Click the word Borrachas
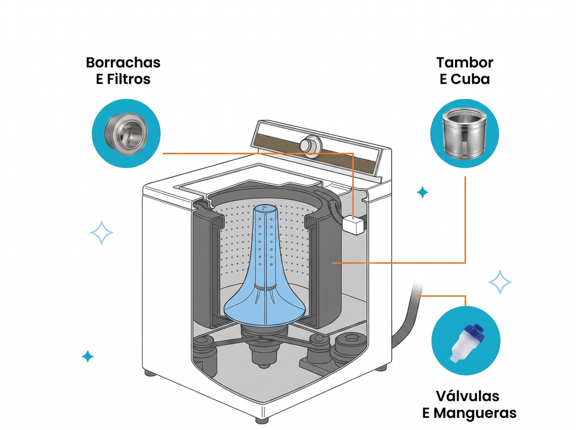coord(123,62)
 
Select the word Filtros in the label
coord(128,79)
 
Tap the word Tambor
coord(465,62)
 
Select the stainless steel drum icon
coord(464,134)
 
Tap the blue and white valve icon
coord(466,343)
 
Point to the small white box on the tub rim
coord(354,224)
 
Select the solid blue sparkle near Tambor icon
coord(422,192)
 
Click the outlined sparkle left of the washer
coord(101,233)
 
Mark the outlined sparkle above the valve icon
coord(499,282)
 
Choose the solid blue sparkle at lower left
coord(88,356)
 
